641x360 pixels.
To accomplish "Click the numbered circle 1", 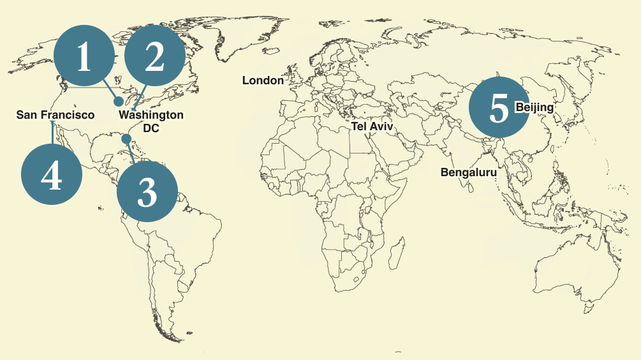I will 84,59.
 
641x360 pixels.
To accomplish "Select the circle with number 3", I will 147,191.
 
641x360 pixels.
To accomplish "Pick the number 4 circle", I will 52,175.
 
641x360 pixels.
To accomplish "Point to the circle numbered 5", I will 499,108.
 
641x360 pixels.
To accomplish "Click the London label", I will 263,80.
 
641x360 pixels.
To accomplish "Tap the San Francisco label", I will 55,115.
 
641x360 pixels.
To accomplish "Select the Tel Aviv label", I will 372,127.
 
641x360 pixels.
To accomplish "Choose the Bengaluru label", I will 468,172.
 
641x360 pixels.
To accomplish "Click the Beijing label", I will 534,107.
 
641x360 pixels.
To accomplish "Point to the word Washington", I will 151,116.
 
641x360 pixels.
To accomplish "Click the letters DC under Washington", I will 151,128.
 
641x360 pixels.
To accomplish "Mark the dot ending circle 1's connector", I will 119,101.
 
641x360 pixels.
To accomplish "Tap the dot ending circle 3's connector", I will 126,139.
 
